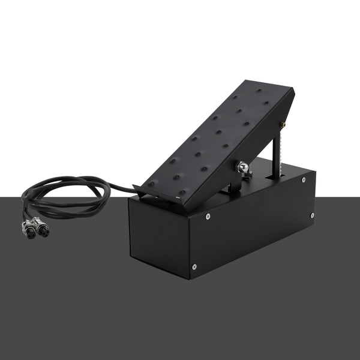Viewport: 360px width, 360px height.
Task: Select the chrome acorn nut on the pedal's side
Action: (242, 167)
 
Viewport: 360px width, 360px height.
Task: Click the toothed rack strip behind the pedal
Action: (275, 153)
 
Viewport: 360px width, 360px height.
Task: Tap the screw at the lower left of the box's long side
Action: (194, 267)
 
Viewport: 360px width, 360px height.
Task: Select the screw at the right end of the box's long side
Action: (311, 215)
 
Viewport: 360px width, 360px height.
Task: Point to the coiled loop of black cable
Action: (66, 195)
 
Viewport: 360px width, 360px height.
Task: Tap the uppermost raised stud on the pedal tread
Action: (259, 91)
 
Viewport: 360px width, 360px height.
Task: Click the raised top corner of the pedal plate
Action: (292, 90)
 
